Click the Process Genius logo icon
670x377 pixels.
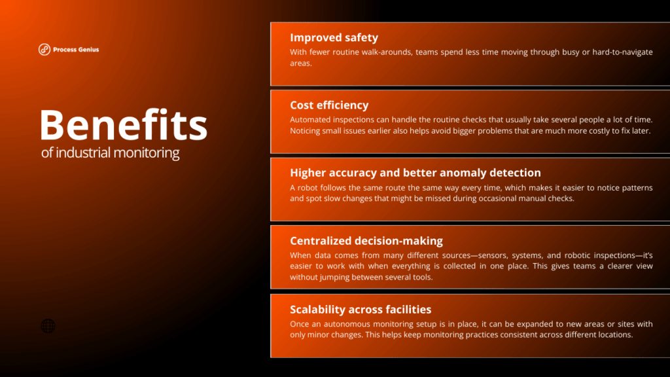point(44,49)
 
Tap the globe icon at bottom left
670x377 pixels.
point(48,326)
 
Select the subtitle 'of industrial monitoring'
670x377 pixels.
point(110,153)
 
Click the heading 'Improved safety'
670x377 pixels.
point(334,37)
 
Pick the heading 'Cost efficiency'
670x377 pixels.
point(329,105)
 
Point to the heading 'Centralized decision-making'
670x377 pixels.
point(366,241)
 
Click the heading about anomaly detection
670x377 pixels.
point(415,173)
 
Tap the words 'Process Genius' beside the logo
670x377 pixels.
point(77,49)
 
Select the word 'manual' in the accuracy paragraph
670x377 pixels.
point(530,198)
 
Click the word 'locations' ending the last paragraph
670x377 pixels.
point(614,334)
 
